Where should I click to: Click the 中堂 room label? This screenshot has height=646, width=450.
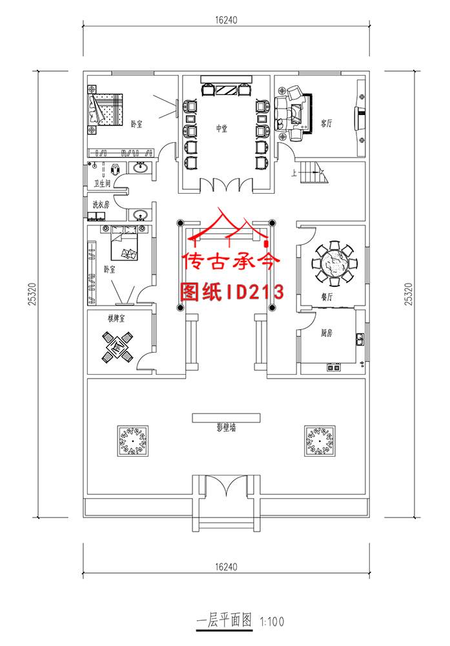tap(221, 128)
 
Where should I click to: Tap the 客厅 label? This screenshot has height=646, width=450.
tap(326, 123)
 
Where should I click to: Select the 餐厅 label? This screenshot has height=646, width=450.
tap(326, 297)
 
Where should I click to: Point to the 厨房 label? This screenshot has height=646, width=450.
tap(327, 333)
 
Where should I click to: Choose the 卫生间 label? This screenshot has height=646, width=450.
tap(103, 183)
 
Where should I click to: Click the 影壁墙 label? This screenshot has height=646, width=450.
tap(225, 428)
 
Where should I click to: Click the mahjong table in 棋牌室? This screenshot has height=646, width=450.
tap(118, 347)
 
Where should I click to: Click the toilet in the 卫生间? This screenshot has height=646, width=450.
tap(115, 169)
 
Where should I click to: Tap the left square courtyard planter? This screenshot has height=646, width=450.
tap(134, 441)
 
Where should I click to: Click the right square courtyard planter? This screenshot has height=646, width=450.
tap(320, 441)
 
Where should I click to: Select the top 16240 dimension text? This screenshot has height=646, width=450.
tap(223, 19)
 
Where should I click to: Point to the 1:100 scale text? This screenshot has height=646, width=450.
tap(272, 621)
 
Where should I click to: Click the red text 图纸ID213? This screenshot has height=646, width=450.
tap(230, 292)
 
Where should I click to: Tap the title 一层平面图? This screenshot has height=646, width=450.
tap(223, 621)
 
